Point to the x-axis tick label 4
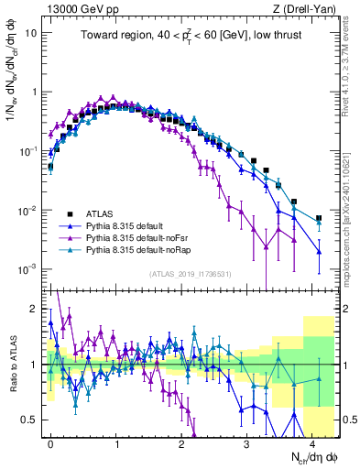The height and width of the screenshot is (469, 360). point(311,441)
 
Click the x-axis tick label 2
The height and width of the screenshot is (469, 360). point(181,441)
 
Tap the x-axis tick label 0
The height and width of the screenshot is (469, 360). point(50,441)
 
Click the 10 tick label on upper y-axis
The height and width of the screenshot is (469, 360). point(30,32)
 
